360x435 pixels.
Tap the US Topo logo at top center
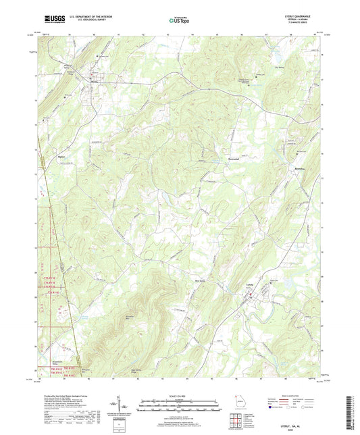[x=178, y=21]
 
